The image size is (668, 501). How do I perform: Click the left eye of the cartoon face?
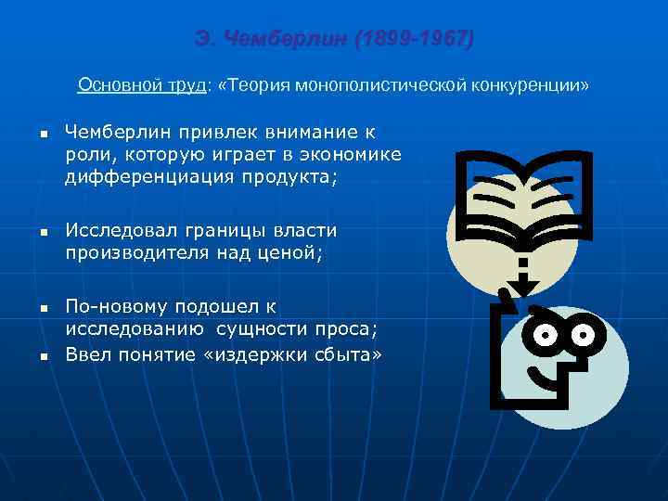pos(547,333)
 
